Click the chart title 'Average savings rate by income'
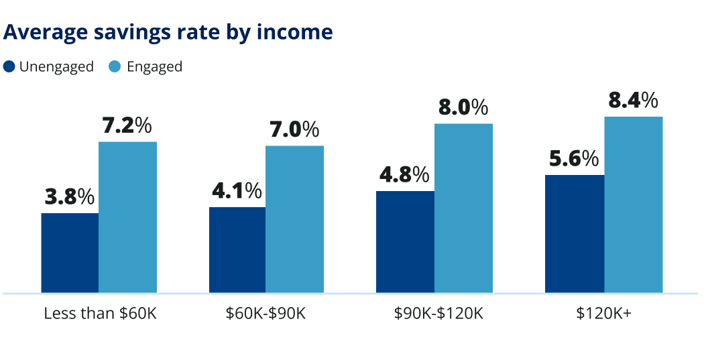pyautogui.click(x=168, y=32)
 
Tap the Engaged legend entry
pyautogui.click(x=145, y=67)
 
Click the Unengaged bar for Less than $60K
pyautogui.click(x=70, y=253)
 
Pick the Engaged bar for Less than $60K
pyautogui.click(x=127, y=217)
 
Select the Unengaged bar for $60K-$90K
pyautogui.click(x=237, y=250)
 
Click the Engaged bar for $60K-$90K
pyautogui.click(x=294, y=219)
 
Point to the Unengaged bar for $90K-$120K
pyautogui.click(x=405, y=242)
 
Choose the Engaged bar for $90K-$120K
pyautogui.click(x=463, y=208)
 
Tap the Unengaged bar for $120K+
pyautogui.click(x=575, y=234)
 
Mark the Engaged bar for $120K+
pyautogui.click(x=633, y=204)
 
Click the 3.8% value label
pyautogui.click(x=70, y=197)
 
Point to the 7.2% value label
pyautogui.click(x=127, y=125)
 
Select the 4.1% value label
pyautogui.click(x=237, y=191)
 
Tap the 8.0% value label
pyautogui.click(x=463, y=107)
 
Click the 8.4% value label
pyautogui.click(x=633, y=101)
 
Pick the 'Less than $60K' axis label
pyautogui.click(x=100, y=314)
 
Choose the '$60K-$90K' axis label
pyautogui.click(x=266, y=314)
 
